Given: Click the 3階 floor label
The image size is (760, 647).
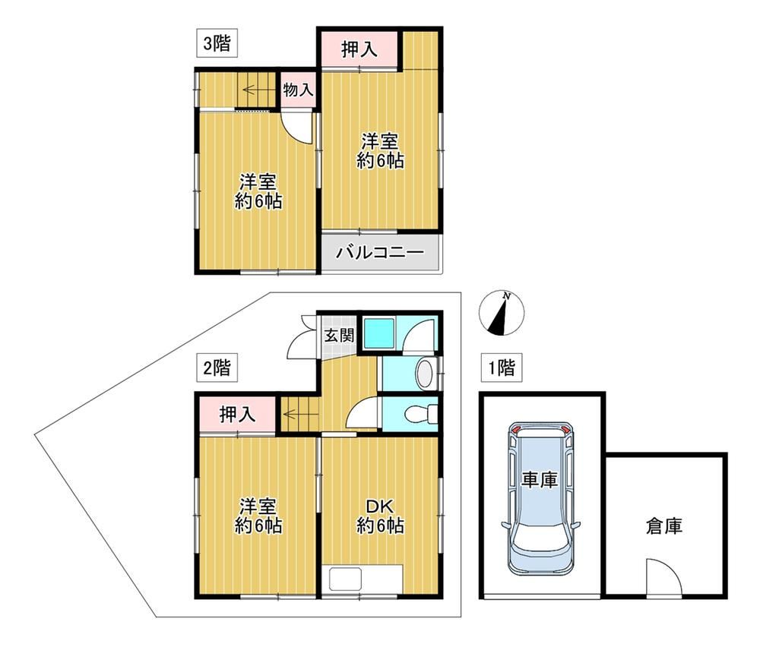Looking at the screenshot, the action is pyautogui.click(x=216, y=43).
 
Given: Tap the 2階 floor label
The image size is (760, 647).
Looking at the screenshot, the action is pyautogui.click(x=216, y=368).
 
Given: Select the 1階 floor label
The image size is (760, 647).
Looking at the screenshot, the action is pyautogui.click(x=501, y=368).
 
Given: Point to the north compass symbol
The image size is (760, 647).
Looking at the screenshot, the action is pyautogui.click(x=502, y=314).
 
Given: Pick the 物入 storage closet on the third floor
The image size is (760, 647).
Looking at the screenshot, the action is pyautogui.click(x=298, y=90).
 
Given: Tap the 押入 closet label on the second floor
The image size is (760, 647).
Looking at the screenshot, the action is pyautogui.click(x=237, y=415).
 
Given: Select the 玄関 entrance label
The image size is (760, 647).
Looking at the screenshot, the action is pyautogui.click(x=339, y=335).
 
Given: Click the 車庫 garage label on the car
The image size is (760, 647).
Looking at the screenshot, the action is pyautogui.click(x=540, y=480).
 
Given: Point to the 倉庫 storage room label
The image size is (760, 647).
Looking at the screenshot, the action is pyautogui.click(x=664, y=526).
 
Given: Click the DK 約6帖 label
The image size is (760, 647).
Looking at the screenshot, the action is pyautogui.click(x=381, y=516).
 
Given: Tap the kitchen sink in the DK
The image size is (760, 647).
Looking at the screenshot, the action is pyautogui.click(x=346, y=579).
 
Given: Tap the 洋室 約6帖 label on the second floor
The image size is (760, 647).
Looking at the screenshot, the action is pyautogui.click(x=258, y=516).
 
